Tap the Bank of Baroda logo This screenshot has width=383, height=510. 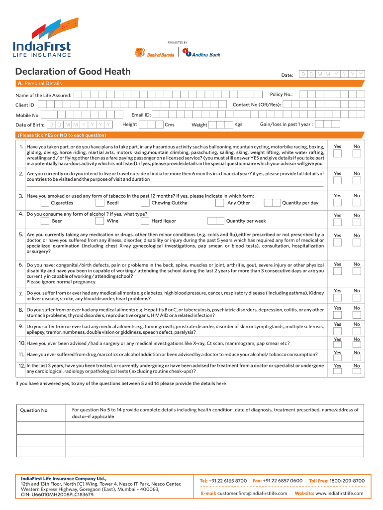click(155, 53)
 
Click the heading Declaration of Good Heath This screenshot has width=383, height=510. click(73, 72)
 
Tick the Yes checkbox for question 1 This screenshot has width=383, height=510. click(337, 154)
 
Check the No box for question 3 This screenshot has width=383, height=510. click(356, 204)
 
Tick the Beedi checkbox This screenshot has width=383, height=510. click(99, 203)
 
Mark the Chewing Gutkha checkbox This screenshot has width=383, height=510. click(145, 203)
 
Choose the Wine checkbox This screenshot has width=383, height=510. click(99, 221)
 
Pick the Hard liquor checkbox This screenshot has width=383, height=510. click(145, 221)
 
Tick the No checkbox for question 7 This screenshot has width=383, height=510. click(356, 298)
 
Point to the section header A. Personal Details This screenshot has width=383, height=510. click(40, 83)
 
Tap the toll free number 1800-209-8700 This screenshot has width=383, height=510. click(347, 481)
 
